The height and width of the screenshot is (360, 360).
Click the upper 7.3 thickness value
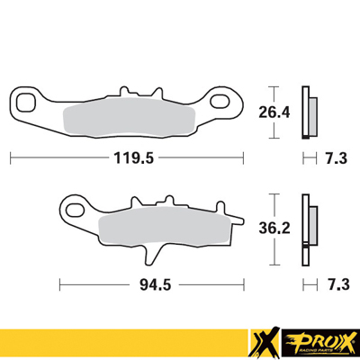tap(336, 157)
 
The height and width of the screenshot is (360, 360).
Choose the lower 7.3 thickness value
tap(336, 284)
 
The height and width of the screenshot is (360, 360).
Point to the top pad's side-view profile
tap(310, 112)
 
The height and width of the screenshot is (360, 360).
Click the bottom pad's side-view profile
tap(311, 229)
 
